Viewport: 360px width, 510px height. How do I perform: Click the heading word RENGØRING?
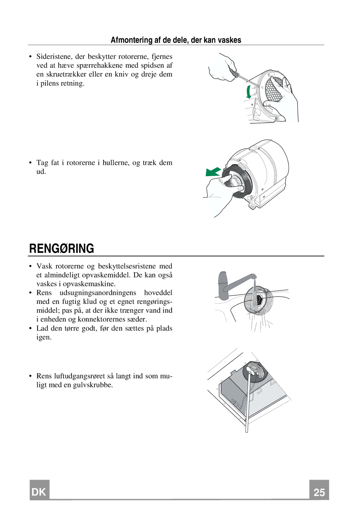pos(62,248)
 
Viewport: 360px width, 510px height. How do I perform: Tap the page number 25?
pos(319,492)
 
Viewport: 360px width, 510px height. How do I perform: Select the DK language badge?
pos(39,492)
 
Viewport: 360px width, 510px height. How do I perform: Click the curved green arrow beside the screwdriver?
pos(248,92)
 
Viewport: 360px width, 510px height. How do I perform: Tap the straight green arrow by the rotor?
pos(213,172)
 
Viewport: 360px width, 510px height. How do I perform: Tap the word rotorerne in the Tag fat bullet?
pos(81,163)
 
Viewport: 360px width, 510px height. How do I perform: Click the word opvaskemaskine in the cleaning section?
pos(89,284)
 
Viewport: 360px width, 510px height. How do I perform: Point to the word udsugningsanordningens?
pos(98,293)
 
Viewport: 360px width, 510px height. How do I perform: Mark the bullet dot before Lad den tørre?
pos(30,328)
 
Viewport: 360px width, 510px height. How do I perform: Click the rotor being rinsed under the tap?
pos(259,300)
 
